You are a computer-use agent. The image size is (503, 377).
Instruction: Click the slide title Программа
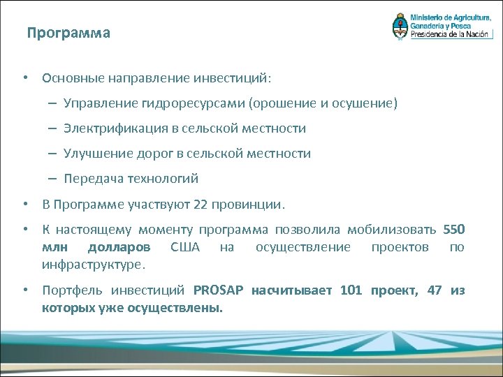tap(68, 33)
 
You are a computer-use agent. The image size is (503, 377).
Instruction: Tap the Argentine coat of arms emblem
tap(399, 26)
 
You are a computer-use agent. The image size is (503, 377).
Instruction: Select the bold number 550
tap(453, 230)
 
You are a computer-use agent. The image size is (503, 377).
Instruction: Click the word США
tap(184, 247)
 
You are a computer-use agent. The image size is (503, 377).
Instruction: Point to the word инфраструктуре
tap(92, 265)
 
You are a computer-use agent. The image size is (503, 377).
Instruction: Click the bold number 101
tap(351, 290)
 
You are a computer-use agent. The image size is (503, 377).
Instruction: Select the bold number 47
tap(434, 290)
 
